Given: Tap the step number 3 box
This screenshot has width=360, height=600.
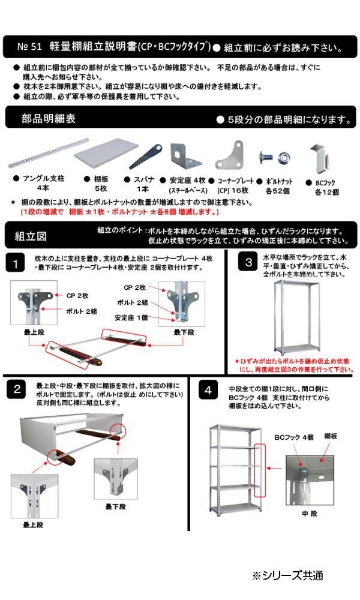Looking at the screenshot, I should [248, 262].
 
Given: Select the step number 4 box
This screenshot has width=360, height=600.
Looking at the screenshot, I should [208, 391].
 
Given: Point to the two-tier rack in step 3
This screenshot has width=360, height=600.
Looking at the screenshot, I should [295, 317].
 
